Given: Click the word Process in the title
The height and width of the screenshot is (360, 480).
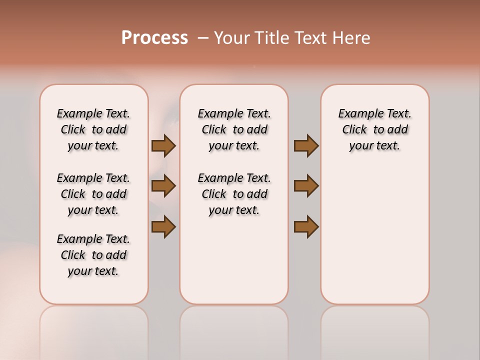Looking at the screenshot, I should [154, 38].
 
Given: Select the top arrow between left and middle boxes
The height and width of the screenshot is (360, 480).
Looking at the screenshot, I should [163, 146].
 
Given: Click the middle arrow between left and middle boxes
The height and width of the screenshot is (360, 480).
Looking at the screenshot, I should [163, 186].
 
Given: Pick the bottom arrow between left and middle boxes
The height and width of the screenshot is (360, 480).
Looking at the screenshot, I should [163, 226].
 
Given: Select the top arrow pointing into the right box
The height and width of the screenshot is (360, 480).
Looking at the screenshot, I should [306, 146].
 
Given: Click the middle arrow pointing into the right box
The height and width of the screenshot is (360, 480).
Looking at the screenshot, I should [306, 186].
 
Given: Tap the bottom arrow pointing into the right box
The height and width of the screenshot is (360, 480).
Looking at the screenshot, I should [306, 226].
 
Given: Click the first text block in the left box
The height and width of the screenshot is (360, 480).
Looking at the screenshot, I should [93, 129].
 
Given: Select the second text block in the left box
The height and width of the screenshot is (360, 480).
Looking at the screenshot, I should [93, 194].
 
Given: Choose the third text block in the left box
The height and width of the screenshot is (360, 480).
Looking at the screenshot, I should [93, 255].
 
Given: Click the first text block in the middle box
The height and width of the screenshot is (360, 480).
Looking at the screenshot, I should [234, 129].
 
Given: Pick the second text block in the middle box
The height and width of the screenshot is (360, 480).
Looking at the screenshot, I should [234, 194].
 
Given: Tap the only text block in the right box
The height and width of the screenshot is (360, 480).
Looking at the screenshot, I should [374, 129].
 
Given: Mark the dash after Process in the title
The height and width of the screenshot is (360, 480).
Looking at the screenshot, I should [203, 38].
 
